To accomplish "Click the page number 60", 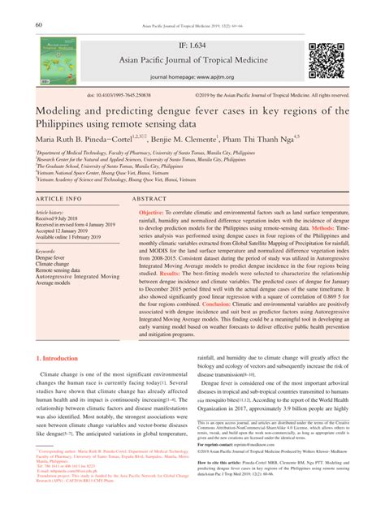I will pyautogui.click(x=38, y=24).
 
